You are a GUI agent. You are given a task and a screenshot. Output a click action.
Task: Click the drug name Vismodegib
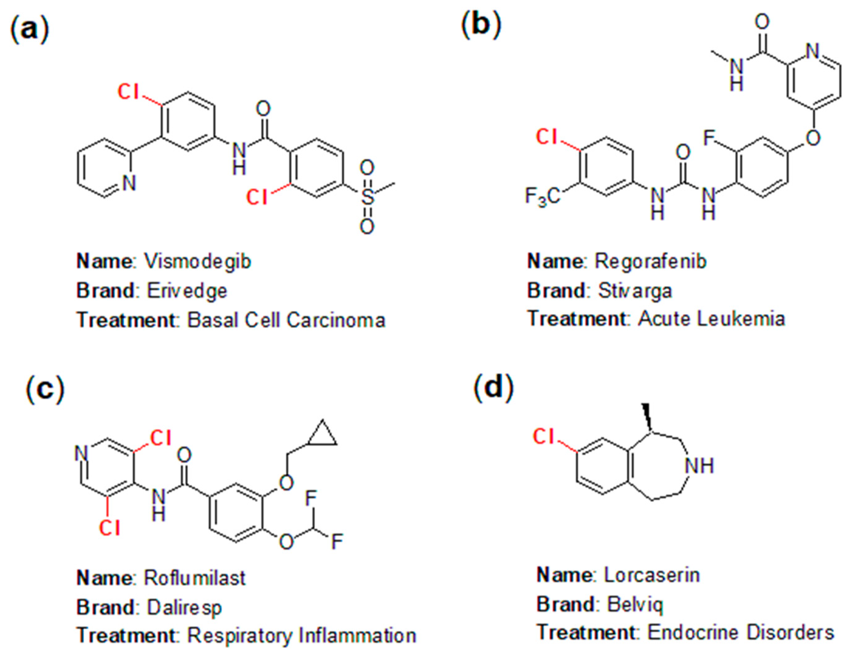click(198, 261)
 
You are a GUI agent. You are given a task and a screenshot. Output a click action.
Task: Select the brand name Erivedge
click(187, 291)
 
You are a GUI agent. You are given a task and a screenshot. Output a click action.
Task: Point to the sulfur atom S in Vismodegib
click(367, 197)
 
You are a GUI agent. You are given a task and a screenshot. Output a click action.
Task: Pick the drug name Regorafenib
click(650, 261)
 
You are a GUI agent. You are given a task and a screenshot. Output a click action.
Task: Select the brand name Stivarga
click(635, 291)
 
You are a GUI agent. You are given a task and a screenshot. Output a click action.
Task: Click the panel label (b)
click(481, 25)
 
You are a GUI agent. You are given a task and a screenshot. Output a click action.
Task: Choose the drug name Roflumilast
click(195, 578)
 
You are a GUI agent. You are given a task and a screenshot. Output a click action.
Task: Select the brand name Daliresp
click(184, 607)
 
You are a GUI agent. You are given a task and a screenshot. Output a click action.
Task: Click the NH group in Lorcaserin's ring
click(700, 466)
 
